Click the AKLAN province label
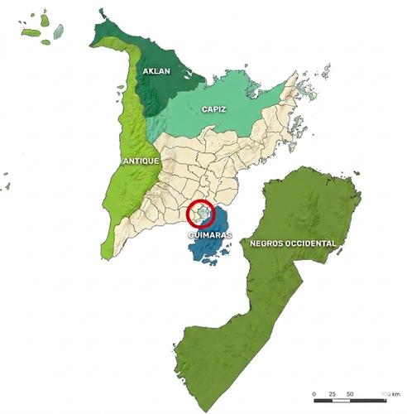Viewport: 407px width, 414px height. pyautogui.click(x=156, y=72)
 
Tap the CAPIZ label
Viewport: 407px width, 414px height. pyautogui.click(x=213, y=109)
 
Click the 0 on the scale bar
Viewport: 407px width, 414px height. pyautogui.click(x=314, y=392)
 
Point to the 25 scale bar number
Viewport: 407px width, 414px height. pyautogui.click(x=332, y=392)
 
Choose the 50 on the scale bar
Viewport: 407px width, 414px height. pyautogui.click(x=350, y=392)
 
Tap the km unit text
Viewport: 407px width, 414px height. pyautogui.click(x=394, y=392)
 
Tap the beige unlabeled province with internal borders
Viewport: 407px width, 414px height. pyautogui.click(x=207, y=166)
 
